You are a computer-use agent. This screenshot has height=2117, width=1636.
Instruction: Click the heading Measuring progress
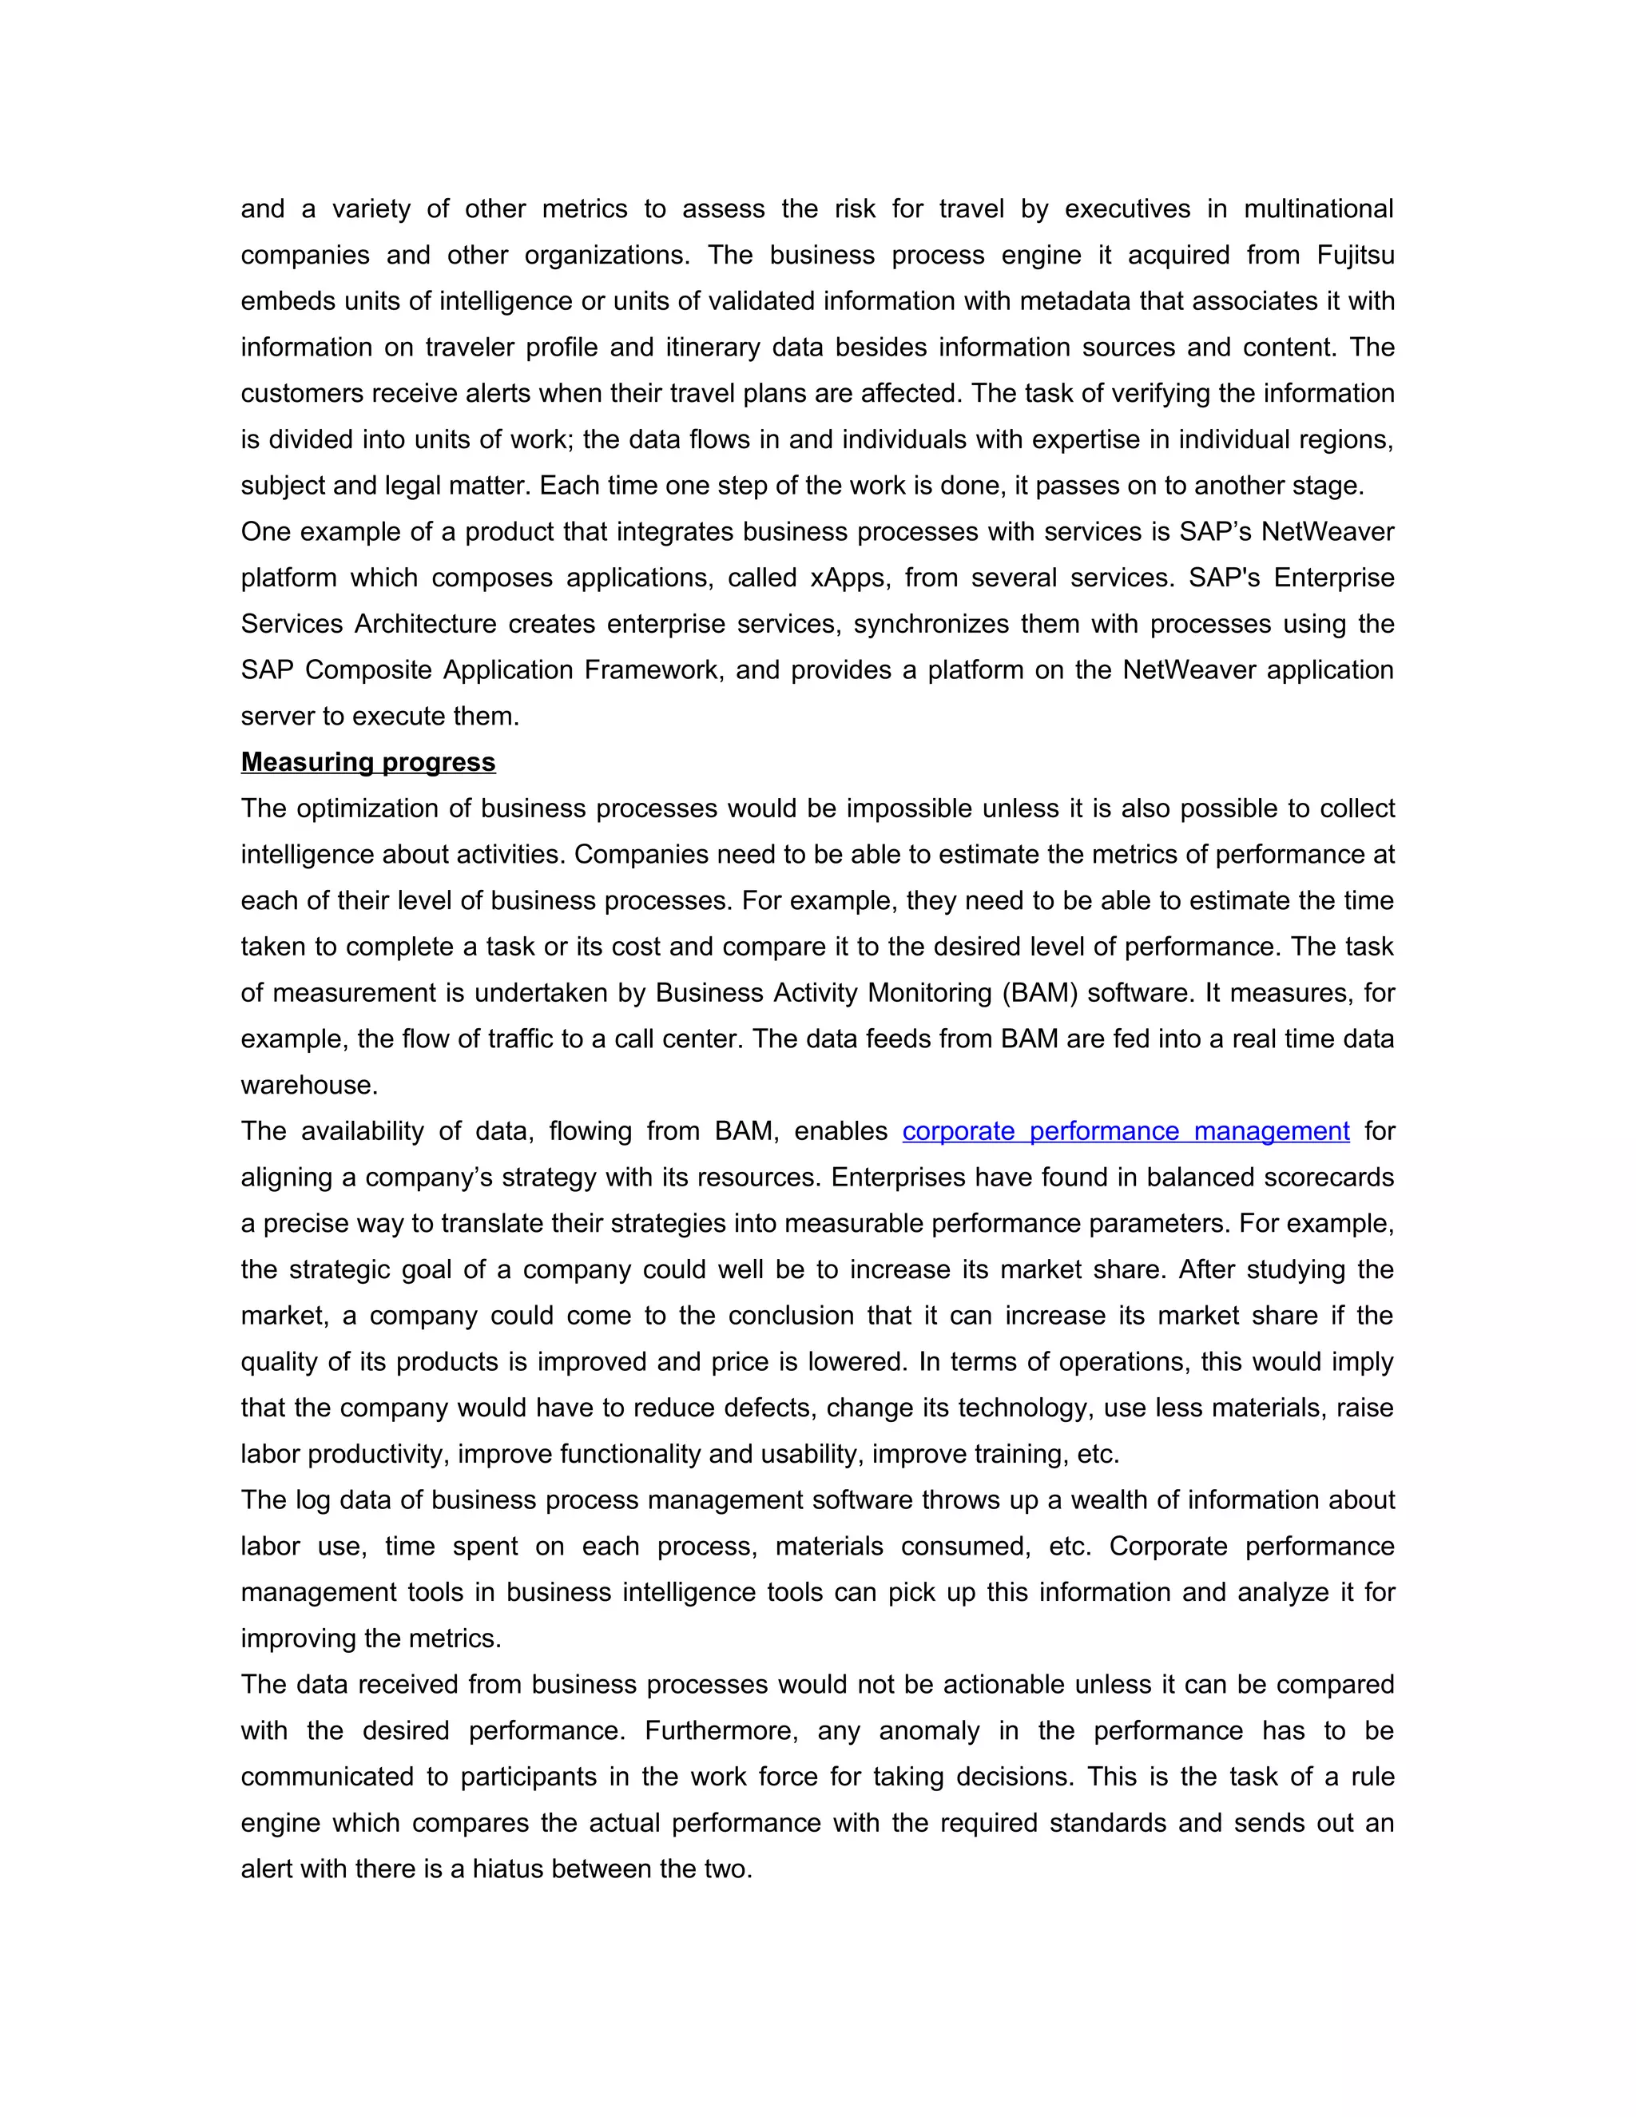click(367, 762)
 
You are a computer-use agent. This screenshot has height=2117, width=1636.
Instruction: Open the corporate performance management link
click(1126, 1131)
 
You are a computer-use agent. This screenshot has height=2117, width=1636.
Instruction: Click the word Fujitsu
click(1355, 255)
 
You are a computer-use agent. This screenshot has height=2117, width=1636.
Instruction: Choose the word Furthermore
click(722, 1730)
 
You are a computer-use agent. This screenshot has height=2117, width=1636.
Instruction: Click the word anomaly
click(928, 1730)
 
